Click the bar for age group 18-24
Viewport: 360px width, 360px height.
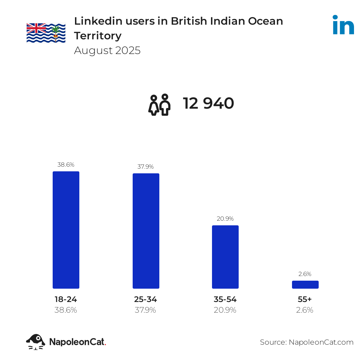[x=66, y=230]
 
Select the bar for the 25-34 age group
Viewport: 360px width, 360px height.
[x=146, y=231]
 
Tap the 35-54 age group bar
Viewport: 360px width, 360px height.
[x=225, y=257]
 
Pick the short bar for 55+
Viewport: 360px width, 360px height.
[x=305, y=285]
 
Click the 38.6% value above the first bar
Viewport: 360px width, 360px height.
[x=66, y=165]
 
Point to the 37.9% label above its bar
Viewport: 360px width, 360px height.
[x=146, y=167]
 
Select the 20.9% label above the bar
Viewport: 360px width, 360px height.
[x=225, y=219]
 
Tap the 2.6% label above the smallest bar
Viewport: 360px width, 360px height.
[x=305, y=274]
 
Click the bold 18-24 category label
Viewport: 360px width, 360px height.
[x=66, y=299]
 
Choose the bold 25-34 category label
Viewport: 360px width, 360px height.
[x=146, y=299]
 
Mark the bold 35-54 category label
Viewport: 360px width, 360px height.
[x=225, y=299]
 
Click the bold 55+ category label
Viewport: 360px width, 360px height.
[x=305, y=299]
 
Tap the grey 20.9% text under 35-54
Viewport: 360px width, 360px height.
[x=225, y=310]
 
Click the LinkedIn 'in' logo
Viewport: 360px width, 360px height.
[x=343, y=25]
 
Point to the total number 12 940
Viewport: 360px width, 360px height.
[x=208, y=104]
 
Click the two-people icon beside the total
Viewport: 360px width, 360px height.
[x=159, y=105]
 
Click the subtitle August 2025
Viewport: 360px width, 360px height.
[x=107, y=50]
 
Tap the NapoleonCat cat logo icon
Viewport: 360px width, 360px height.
[x=36, y=342]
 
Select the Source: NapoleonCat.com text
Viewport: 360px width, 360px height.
[x=307, y=342]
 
